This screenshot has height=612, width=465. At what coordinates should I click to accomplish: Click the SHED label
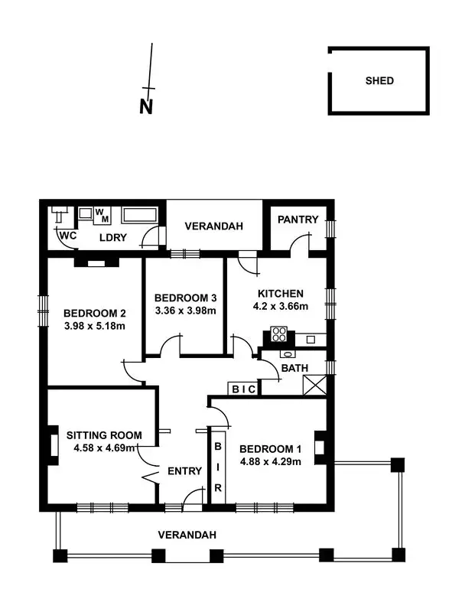[379, 80]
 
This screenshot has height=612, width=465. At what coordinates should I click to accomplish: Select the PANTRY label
[298, 220]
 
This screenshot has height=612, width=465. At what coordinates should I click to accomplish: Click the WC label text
[68, 236]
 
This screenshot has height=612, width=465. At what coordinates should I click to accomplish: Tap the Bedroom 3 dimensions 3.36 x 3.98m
[185, 311]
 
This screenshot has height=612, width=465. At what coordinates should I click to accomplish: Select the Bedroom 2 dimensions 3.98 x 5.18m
[94, 326]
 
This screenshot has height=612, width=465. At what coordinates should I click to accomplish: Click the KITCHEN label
[281, 294]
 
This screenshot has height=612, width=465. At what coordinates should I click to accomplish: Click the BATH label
[294, 368]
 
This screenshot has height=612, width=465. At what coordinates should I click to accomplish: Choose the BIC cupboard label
[244, 389]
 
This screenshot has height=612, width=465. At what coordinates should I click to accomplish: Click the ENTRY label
[184, 471]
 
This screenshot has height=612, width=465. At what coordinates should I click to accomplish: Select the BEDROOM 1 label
[270, 448]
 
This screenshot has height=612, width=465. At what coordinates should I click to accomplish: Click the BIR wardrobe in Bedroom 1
[218, 466]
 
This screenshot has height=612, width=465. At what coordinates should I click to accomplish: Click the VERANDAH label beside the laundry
[215, 226]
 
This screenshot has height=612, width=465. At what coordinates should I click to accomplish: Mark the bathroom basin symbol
[288, 354]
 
